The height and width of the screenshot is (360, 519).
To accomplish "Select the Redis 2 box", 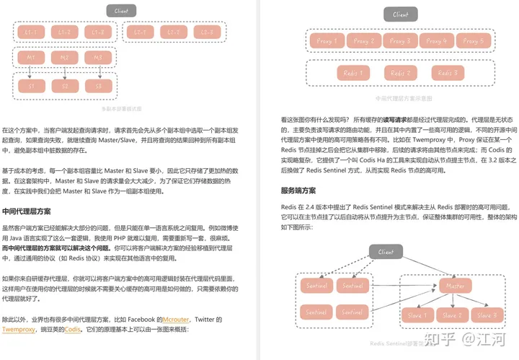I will coord(399,73).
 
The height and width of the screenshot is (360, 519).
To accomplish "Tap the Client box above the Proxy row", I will coord(400,14).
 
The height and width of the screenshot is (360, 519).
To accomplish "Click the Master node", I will coord(456,286).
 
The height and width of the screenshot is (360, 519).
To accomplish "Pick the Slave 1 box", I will coord(417,315).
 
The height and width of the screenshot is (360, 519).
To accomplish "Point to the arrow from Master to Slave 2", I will coord(453,302).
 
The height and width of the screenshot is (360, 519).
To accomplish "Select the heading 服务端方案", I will coord(298,190).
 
